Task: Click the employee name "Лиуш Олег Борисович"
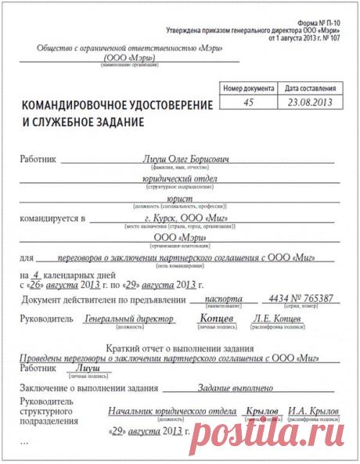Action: point(185,159)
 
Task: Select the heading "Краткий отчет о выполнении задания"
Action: point(178,347)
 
